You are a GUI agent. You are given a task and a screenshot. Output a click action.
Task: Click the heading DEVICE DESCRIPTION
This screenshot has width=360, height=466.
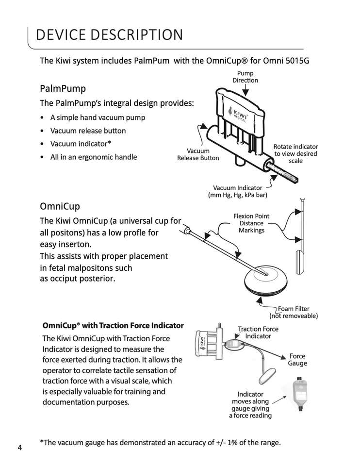click(x=110, y=35)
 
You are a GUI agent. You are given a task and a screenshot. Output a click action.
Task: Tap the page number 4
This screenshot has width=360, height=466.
click(x=20, y=448)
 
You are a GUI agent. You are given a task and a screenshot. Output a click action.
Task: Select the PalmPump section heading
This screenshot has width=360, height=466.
click(x=63, y=89)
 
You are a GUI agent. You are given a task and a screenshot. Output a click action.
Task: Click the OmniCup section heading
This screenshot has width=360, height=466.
click(x=60, y=206)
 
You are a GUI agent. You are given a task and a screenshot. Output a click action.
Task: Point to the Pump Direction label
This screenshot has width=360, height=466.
click(x=245, y=77)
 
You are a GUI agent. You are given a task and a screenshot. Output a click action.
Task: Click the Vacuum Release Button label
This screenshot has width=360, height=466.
click(x=198, y=154)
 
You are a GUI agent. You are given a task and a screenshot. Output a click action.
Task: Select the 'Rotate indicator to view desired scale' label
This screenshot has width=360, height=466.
click(x=295, y=153)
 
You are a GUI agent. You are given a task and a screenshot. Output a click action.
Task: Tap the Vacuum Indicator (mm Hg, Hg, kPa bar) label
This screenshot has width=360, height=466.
click(x=238, y=191)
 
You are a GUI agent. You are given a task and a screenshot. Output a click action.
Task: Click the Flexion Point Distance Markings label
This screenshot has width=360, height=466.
click(x=251, y=223)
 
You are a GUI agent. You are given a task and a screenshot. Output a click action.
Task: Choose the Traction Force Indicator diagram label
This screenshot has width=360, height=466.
click(x=258, y=333)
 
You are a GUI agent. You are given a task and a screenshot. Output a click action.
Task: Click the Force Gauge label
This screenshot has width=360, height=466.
click(x=297, y=360)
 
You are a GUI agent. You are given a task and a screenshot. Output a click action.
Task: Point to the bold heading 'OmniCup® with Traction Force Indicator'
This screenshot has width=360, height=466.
click(x=113, y=325)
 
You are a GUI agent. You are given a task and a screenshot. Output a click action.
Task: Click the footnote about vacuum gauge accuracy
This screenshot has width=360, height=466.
click(x=160, y=443)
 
